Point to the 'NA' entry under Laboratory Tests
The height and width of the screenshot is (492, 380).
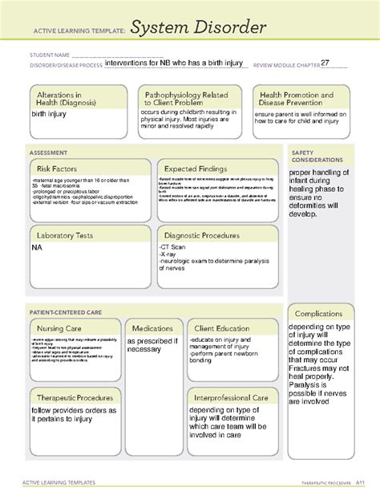(38, 250)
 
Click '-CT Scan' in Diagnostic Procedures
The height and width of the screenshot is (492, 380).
(173, 250)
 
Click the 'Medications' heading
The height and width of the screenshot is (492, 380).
(152, 329)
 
